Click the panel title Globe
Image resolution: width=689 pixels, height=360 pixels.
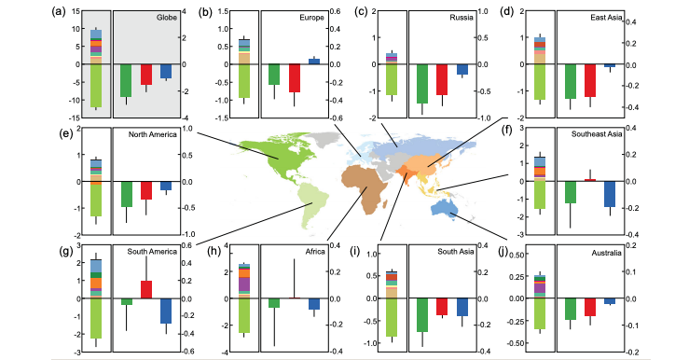click(x=169, y=18)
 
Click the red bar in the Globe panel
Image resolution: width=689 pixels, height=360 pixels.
click(x=146, y=75)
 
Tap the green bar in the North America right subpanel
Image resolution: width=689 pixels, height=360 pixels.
click(x=126, y=194)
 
